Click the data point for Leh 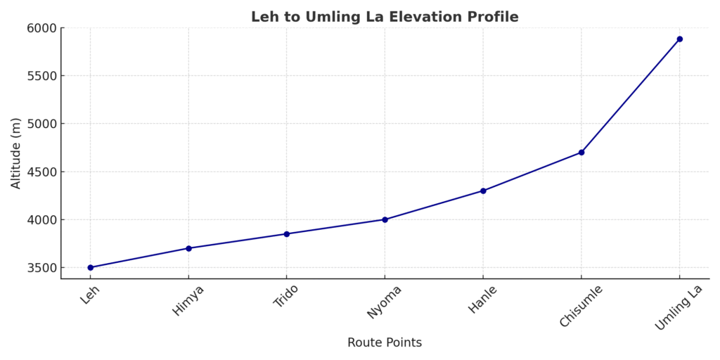click(90, 267)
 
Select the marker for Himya click(188, 248)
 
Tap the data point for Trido click(286, 233)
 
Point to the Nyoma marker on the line click(385, 219)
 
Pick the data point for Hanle click(483, 191)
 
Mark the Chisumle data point click(581, 152)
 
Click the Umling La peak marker click(679, 39)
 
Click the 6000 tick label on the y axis click(41, 28)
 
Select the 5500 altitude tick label click(41, 76)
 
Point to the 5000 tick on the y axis click(41, 124)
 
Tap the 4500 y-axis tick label click(41, 172)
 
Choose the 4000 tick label click(41, 219)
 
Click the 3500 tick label click(41, 267)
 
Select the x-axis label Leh click(89, 295)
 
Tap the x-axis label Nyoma click(385, 302)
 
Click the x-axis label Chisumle click(581, 306)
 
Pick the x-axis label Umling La click(679, 307)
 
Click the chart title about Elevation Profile click(385, 17)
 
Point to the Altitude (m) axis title click(16, 153)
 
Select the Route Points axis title click(385, 342)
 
